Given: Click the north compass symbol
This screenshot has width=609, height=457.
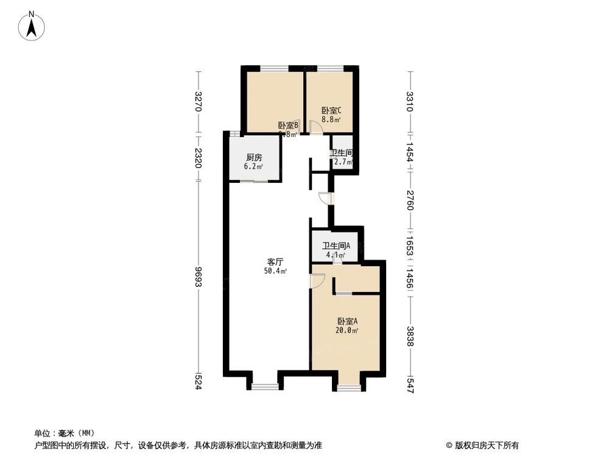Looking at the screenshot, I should coord(32,26).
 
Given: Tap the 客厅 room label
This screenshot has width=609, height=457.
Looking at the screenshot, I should coord(276,261).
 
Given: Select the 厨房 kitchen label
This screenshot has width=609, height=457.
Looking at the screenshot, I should coord(254,157).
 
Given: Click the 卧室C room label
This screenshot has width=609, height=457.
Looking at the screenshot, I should coord(331,111).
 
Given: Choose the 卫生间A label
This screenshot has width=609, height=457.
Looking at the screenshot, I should coord(336,246).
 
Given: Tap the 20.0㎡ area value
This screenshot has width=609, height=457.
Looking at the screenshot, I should coord(347,331).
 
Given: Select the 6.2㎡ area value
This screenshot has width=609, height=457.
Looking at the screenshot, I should coord(254,166).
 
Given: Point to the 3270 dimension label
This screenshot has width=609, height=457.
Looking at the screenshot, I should coord(198,102).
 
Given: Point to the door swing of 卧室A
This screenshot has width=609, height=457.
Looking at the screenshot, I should coord(316,281).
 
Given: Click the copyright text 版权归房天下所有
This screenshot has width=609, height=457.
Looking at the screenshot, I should coord(485,445).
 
